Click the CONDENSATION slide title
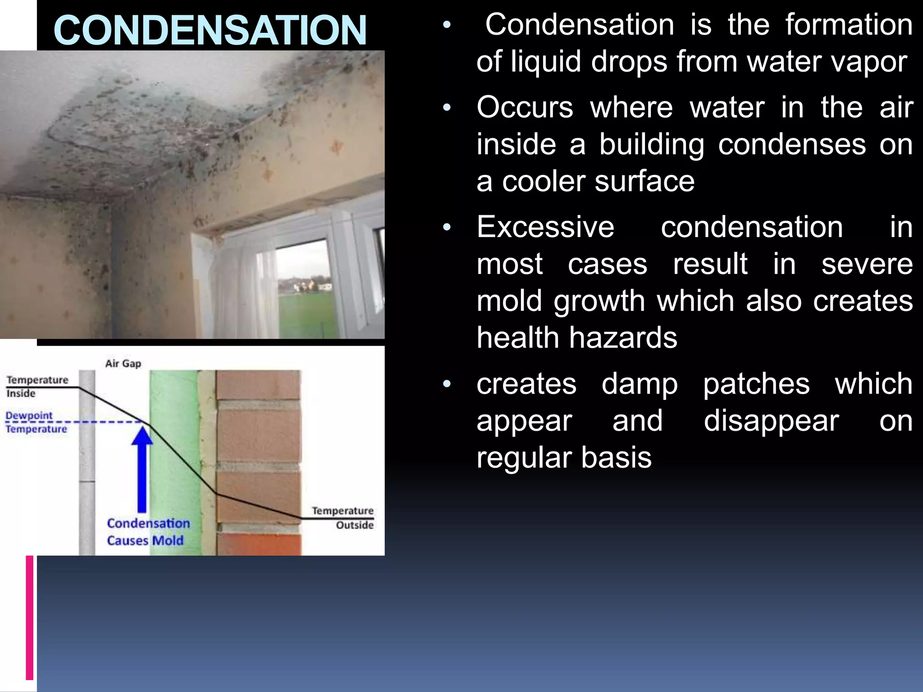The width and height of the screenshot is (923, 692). [x=210, y=30]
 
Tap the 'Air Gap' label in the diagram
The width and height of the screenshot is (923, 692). [x=123, y=364]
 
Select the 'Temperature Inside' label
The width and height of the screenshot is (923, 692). [x=37, y=387]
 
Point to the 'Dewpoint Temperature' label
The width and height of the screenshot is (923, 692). [x=36, y=422]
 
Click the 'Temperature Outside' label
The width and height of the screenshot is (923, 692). [x=343, y=518]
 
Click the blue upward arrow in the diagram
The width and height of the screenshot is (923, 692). [x=142, y=469]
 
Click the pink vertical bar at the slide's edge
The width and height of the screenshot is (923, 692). [x=30, y=617]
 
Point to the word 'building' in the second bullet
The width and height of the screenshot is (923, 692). [x=652, y=145]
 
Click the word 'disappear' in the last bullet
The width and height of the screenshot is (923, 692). [x=771, y=421]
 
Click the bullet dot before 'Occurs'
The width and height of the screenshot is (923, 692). [x=447, y=108]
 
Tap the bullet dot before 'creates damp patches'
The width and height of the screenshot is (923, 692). [x=447, y=384]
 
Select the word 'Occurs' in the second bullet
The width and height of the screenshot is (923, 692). [x=525, y=108]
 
